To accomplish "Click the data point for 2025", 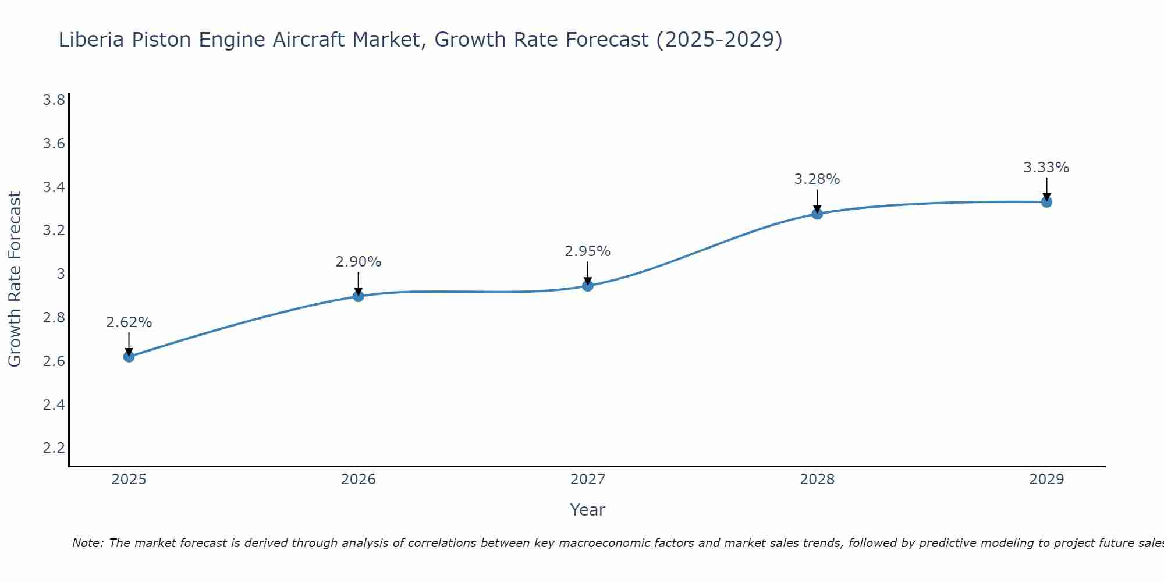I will click(129, 356).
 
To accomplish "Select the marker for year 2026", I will click(359, 296).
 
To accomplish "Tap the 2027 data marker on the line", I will click(588, 286).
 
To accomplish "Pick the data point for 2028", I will click(817, 214).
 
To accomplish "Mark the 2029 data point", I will click(1046, 202).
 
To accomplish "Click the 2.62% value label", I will click(129, 322).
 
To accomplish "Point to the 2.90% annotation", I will click(359, 262).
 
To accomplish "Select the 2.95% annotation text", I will click(588, 251).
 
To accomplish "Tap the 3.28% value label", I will click(817, 179).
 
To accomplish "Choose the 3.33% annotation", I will click(1046, 168).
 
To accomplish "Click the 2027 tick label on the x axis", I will click(588, 480).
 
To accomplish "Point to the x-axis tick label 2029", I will click(1046, 480).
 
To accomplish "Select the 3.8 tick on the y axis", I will click(54, 100).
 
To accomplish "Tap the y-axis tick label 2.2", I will click(54, 448).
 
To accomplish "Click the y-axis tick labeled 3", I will click(61, 274).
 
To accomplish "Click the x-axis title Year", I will click(588, 510).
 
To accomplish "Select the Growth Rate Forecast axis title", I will click(15, 279).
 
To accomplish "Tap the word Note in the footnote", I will click(87, 543).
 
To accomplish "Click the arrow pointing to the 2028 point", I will click(817, 201).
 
